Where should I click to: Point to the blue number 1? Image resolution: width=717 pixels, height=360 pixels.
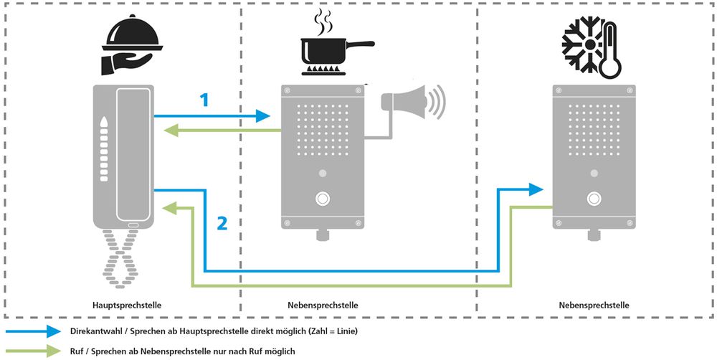pos(204,100)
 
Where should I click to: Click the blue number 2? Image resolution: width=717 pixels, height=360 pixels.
pos(222,224)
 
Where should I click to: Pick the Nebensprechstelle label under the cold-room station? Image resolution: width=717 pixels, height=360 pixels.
pos(594,305)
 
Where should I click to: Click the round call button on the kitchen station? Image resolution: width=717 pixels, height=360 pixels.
pos(323,198)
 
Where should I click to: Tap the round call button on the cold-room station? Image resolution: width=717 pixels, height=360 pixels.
pos(594,198)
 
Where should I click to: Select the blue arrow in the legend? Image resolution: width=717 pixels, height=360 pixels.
pos(32,332)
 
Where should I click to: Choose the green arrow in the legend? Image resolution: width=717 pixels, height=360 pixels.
pos(32,351)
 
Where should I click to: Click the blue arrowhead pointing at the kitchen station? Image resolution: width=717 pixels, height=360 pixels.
pos(263,115)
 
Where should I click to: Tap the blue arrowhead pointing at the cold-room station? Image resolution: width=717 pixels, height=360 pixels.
pos(535,189)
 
